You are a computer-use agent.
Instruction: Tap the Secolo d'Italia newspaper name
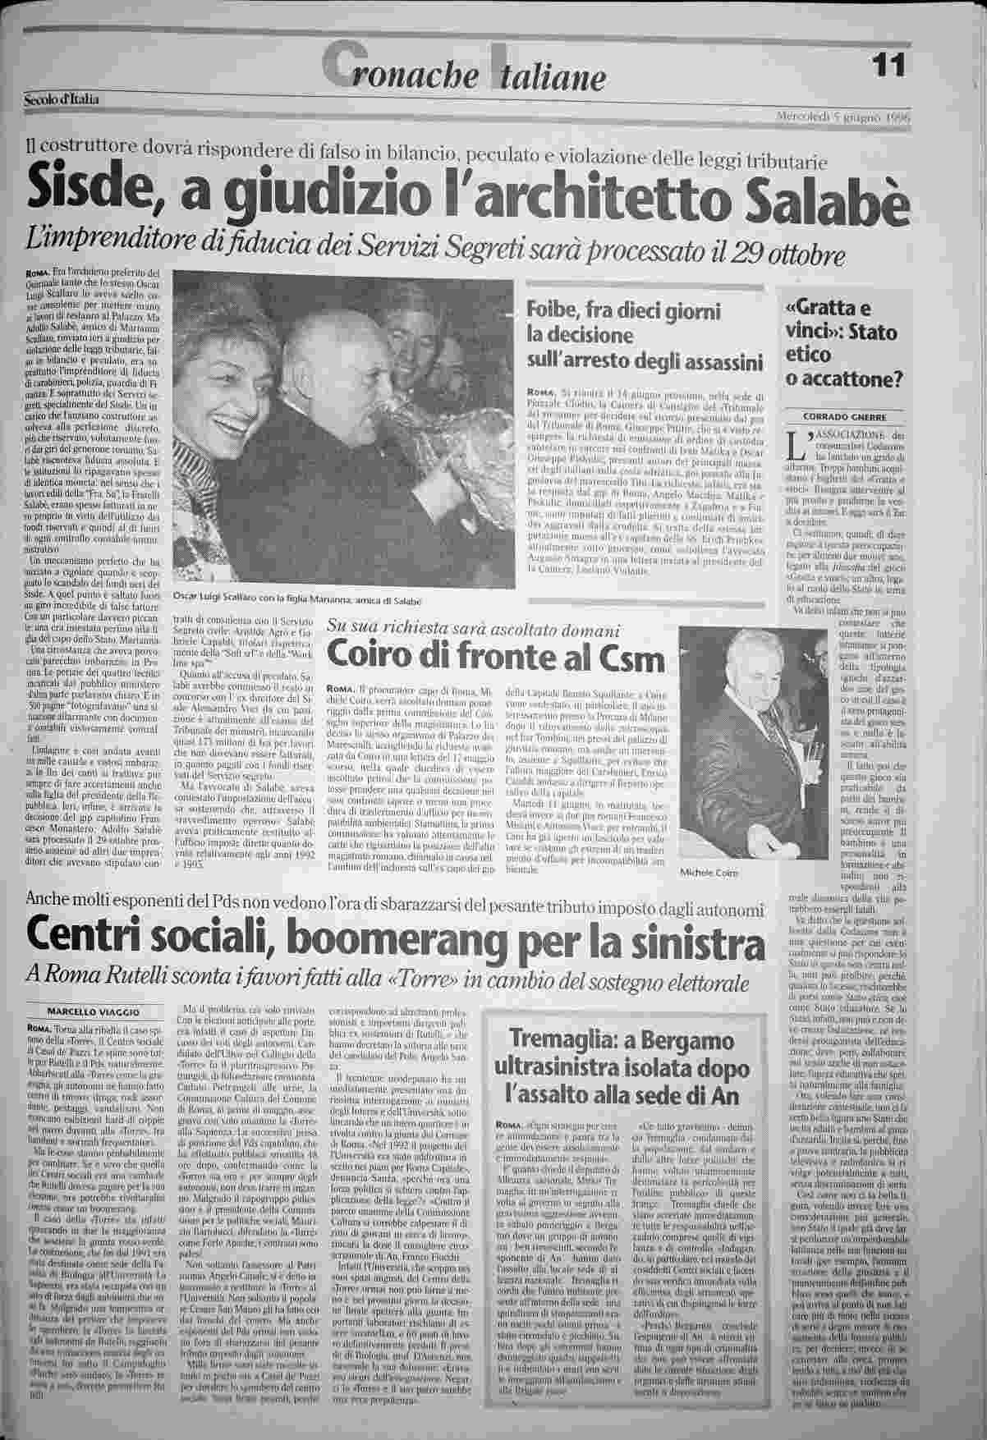pyautogui.click(x=62, y=99)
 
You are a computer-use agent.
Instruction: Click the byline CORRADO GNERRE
pyautogui.click(x=845, y=417)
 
